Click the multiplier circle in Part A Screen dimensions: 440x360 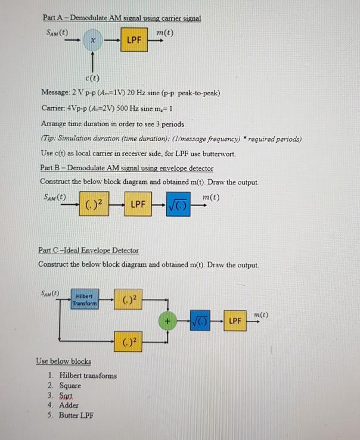(x=92, y=41)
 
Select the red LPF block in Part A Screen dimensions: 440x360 (x=134, y=41)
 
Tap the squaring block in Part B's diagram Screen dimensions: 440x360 (x=94, y=205)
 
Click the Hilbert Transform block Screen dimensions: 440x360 (x=85, y=300)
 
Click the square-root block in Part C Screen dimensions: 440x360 (x=203, y=321)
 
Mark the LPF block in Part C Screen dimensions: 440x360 (x=237, y=321)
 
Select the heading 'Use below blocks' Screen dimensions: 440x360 (x=63, y=361)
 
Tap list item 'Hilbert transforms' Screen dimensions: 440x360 (x=88, y=376)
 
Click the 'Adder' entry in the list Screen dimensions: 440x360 (x=69, y=405)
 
